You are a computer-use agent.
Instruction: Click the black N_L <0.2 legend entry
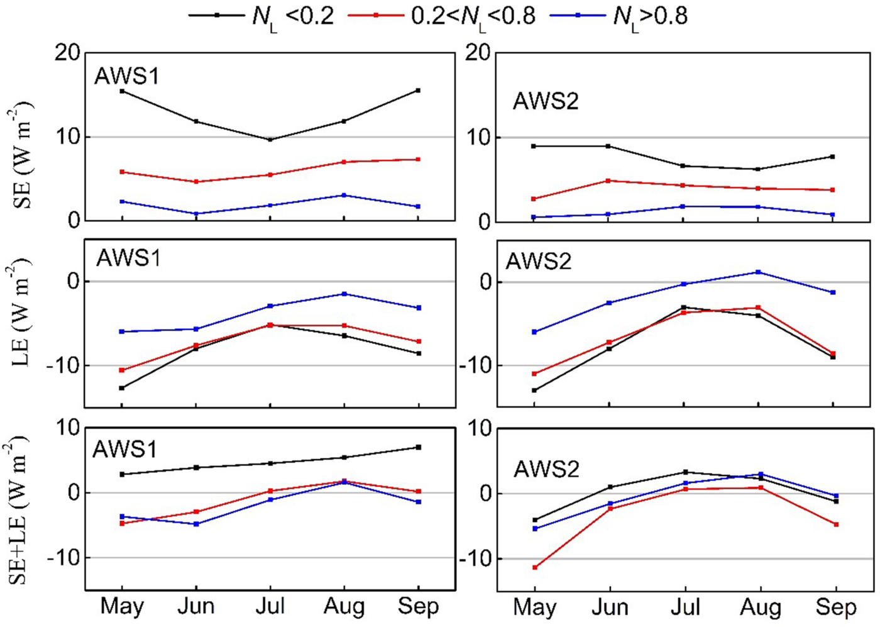point(261,15)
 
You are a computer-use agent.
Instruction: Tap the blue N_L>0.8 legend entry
point(619,15)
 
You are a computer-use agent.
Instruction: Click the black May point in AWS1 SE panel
point(122,91)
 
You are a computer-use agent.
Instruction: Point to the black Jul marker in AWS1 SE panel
point(270,140)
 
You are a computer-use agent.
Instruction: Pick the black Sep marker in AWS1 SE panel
point(419,91)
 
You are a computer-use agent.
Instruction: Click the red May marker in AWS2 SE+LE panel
point(535,568)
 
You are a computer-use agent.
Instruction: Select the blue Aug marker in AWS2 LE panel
point(759,272)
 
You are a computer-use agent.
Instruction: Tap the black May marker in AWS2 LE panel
point(534,391)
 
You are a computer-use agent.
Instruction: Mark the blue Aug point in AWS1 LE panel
point(344,294)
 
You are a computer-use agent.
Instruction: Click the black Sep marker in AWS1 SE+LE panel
point(419,448)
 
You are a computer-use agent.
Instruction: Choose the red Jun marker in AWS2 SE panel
point(608,181)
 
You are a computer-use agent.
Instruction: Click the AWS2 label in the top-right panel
point(546,101)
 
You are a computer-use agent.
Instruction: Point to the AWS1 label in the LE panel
point(128,258)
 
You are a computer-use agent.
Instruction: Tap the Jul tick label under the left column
point(270,606)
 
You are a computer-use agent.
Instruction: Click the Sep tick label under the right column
point(836,608)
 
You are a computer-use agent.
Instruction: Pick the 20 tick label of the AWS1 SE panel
point(68,53)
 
